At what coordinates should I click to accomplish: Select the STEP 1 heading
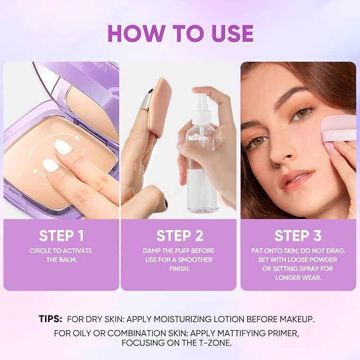61,235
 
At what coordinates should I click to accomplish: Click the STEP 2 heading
180,235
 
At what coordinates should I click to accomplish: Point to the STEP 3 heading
298,235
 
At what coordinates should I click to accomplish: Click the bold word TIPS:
50,319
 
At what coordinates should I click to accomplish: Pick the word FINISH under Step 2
179,269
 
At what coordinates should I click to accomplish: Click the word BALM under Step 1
69,260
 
